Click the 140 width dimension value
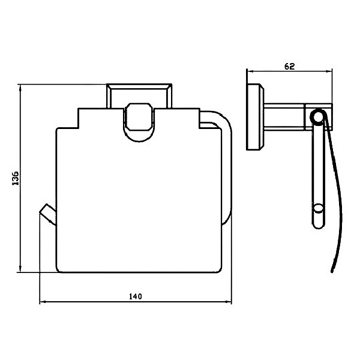(136, 296)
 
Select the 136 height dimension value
(16, 178)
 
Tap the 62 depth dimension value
(289, 67)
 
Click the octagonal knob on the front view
(139, 117)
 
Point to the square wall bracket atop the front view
(139, 96)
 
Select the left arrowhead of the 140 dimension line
(43, 302)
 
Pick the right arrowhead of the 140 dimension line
(229, 302)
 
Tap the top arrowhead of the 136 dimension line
(20, 88)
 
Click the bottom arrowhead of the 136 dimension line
(20, 269)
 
